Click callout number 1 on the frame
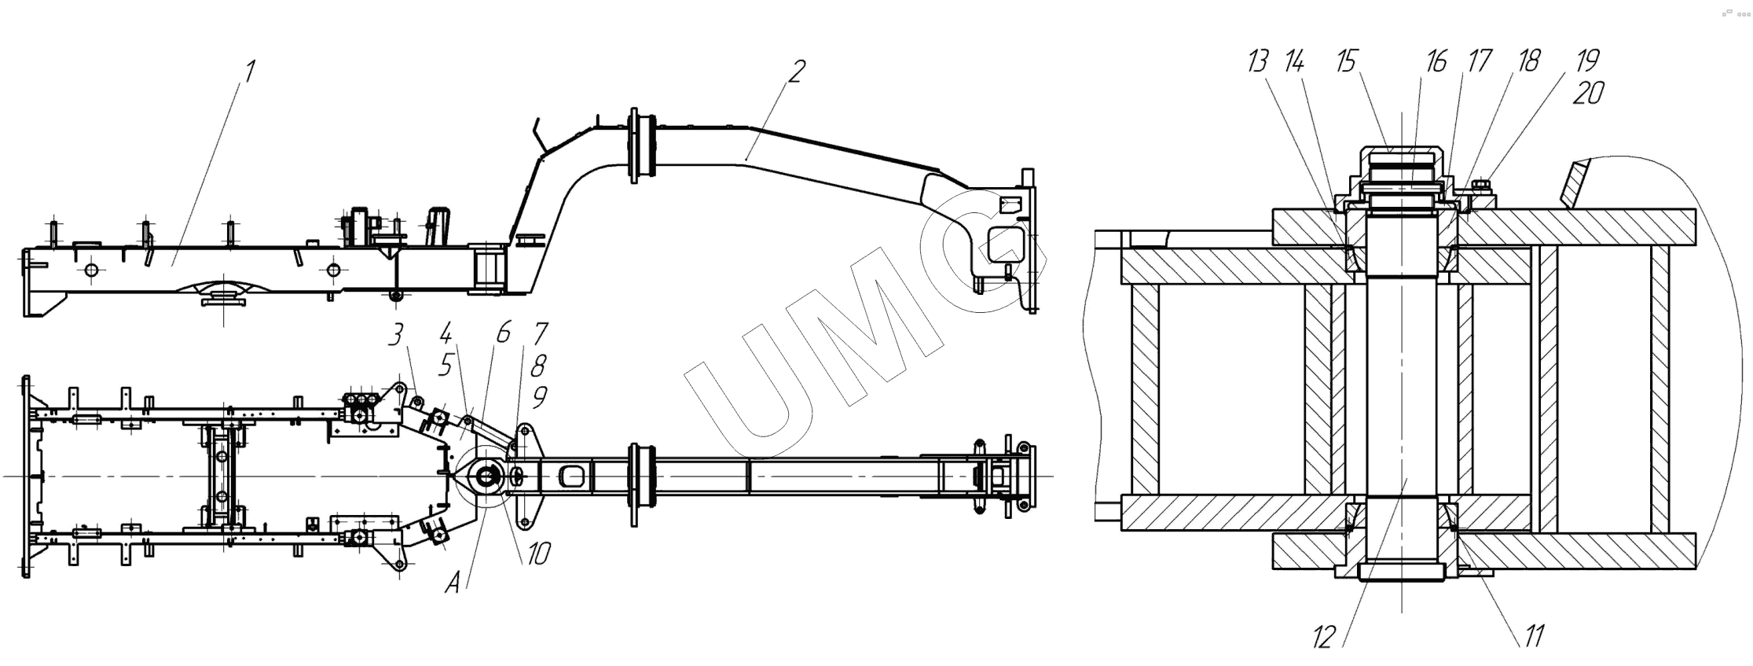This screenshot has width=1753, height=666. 250,72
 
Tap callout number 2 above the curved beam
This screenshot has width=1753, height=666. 797,72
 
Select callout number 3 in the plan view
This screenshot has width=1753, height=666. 396,336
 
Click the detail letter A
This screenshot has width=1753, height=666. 452,583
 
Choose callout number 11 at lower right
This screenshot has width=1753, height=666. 1535,635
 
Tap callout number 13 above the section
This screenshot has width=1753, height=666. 1257,61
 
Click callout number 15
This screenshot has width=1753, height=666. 1347,61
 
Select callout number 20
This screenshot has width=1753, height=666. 1587,94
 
